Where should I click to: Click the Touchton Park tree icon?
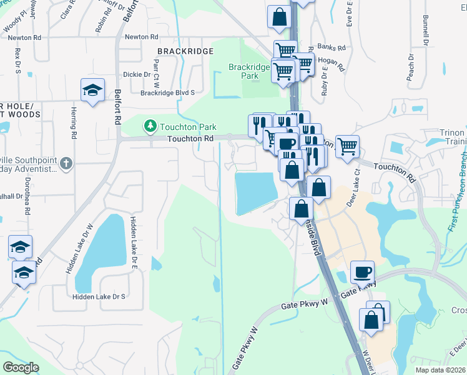click(150, 126)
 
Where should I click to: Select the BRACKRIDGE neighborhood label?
click(185, 51)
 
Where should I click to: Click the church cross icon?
click(67, 164)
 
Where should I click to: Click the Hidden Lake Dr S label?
click(99, 297)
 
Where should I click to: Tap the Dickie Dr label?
click(137, 74)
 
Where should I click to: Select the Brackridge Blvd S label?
click(167, 92)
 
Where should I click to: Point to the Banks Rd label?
click(331, 47)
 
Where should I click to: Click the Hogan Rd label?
click(332, 62)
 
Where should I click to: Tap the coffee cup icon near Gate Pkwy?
click(363, 272)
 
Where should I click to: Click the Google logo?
click(21, 367)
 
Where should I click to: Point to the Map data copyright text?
click(440, 370)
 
